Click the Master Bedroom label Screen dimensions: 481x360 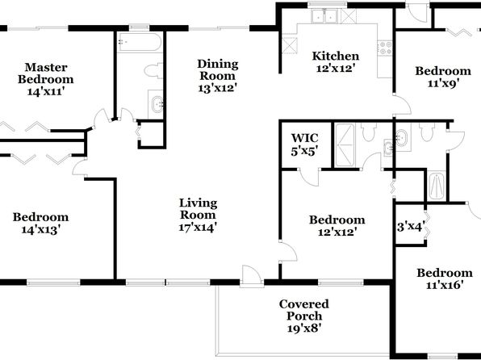46,73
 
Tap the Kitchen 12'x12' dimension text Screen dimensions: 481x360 335,68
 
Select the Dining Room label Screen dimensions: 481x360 217,69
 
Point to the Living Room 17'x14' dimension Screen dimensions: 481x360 199,228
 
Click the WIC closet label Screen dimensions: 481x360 304,138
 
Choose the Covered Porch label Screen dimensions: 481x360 304,310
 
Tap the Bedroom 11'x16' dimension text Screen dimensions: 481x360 445,286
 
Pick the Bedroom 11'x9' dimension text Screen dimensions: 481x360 443,83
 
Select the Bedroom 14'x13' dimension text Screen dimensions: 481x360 40,229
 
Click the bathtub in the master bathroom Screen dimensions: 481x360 140,42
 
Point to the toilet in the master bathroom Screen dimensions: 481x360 153,70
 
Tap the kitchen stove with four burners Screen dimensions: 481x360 385,48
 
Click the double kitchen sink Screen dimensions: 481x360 324,16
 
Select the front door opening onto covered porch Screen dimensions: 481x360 251,275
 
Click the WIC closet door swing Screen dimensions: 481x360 310,177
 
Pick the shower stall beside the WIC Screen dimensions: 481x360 345,145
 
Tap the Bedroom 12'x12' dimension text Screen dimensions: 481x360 337,232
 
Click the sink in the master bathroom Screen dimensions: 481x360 157,104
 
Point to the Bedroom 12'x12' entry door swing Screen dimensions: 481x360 288,252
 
